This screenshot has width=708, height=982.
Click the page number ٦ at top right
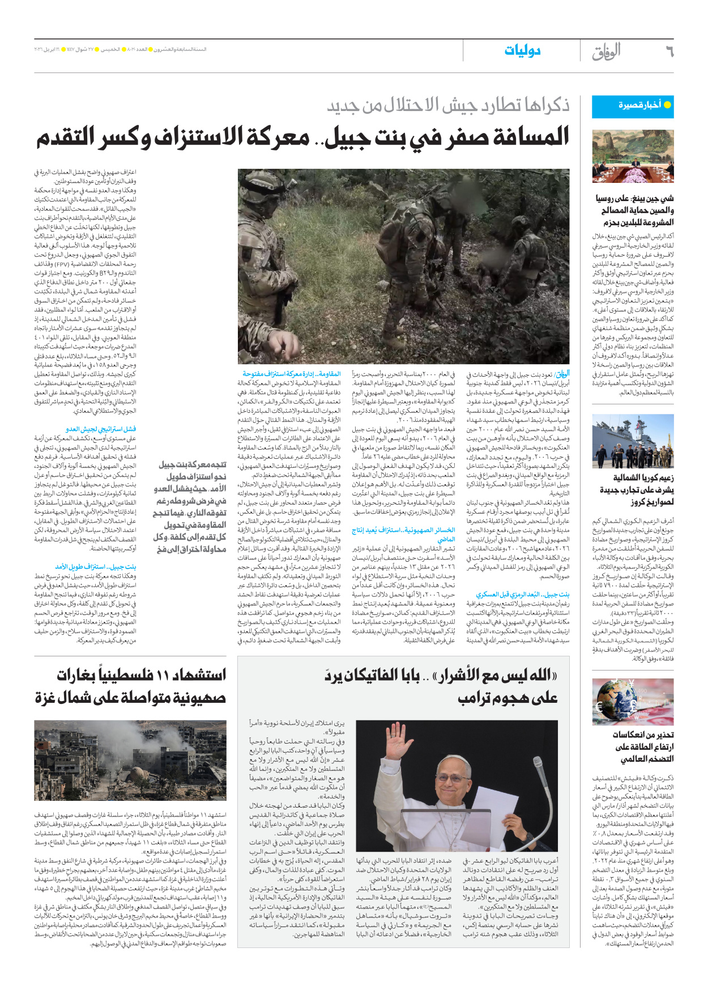(x=669, y=52)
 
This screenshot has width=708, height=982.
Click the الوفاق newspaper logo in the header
(x=606, y=52)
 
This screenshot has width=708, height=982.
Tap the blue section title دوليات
(x=522, y=51)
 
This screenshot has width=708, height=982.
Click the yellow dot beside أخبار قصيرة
(x=667, y=105)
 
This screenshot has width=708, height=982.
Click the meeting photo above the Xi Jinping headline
(x=633, y=156)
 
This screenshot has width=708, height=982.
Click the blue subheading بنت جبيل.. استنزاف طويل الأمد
(x=96, y=566)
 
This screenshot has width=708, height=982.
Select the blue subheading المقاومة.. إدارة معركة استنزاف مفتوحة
(x=292, y=374)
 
